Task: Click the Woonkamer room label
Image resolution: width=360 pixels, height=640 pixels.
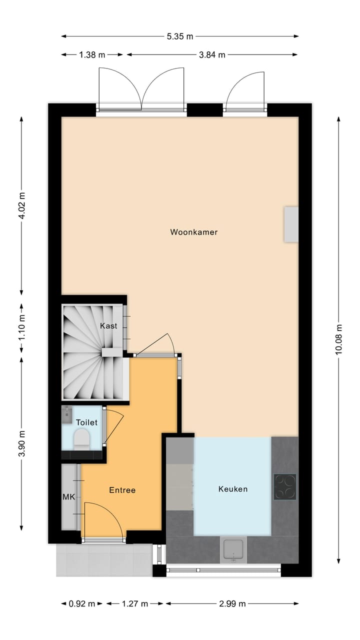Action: [x=194, y=232]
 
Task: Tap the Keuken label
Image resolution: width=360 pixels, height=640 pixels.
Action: [x=233, y=489]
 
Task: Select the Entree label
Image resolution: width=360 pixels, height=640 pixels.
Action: [x=122, y=490]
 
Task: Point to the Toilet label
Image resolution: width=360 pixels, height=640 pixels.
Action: [x=86, y=422]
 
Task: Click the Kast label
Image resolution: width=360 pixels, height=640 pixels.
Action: [x=108, y=326]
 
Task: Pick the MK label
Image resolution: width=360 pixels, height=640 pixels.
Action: [x=68, y=497]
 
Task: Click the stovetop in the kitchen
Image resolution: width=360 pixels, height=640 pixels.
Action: [x=285, y=487]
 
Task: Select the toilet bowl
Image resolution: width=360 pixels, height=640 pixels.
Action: [x=81, y=438]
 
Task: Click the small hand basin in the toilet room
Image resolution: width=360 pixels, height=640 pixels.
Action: [x=67, y=413]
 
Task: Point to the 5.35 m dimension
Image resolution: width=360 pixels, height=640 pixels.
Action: [x=180, y=36]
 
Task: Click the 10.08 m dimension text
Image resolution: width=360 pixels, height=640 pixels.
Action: [x=339, y=339]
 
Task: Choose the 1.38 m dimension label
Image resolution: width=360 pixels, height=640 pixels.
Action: [x=92, y=55]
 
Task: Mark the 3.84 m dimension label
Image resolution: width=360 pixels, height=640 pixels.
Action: [x=212, y=55]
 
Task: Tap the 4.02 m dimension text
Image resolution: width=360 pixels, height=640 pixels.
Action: [x=21, y=206]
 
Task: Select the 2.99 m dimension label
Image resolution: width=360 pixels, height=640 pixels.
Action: [x=233, y=603]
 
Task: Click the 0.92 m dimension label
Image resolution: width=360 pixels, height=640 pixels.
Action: [x=82, y=603]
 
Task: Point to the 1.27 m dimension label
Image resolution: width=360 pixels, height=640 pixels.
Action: [x=135, y=603]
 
